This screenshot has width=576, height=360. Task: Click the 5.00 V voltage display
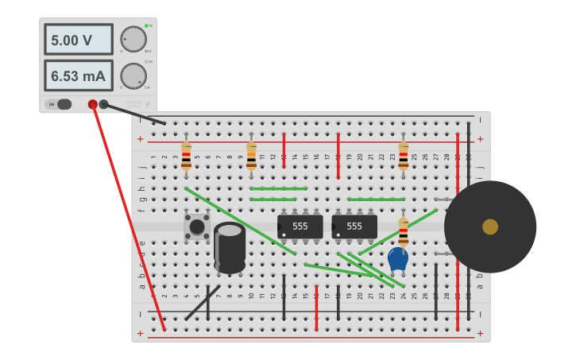coord(78,40)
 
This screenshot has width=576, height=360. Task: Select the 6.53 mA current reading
coord(78,76)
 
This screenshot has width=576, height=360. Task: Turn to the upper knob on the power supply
coord(133,39)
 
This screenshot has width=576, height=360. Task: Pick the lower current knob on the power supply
coord(133,75)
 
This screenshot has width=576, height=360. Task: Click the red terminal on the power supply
coord(93,104)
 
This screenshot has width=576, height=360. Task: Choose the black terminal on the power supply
coord(103,104)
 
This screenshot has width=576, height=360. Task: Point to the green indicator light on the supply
coord(147,26)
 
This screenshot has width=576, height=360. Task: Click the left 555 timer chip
coord(300,226)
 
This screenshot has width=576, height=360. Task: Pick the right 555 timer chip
coord(354,226)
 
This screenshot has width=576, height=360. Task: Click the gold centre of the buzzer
coord(490,226)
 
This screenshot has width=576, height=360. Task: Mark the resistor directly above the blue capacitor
coord(403,233)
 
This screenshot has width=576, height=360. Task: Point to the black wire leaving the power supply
coord(135,114)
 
